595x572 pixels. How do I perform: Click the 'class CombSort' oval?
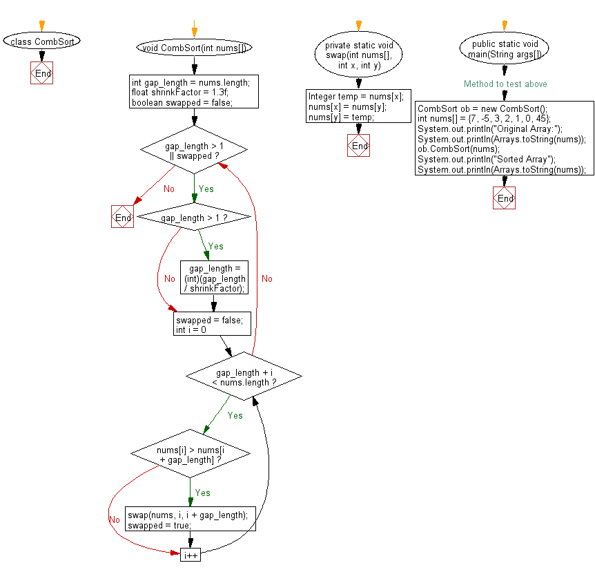(41, 41)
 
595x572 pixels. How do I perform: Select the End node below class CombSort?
(41, 73)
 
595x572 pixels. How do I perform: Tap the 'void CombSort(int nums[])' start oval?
(194, 48)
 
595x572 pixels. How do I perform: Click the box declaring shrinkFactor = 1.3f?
(194, 92)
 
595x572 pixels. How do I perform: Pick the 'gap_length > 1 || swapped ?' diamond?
(194, 151)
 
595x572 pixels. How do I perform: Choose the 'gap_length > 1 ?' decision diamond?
(194, 218)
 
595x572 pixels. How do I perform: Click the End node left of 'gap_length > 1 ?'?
(122, 217)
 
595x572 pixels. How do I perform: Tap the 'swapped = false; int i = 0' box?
(212, 324)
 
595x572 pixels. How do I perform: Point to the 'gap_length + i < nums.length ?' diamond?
(244, 377)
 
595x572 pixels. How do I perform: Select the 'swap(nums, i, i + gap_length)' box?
(191, 518)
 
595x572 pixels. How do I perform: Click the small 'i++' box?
(190, 554)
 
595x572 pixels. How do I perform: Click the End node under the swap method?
(358, 146)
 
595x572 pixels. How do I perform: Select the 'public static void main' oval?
(505, 48)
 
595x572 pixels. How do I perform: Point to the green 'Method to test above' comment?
(505, 84)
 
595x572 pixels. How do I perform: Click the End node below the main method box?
(505, 198)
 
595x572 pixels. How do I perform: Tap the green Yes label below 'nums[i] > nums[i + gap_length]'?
(202, 493)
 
